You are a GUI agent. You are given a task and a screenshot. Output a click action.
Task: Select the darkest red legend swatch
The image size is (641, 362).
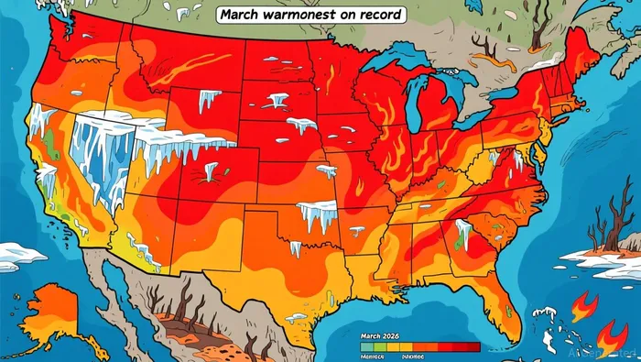coord(468,346)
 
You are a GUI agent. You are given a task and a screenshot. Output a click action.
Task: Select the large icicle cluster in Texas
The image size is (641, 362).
coord(316,216)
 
